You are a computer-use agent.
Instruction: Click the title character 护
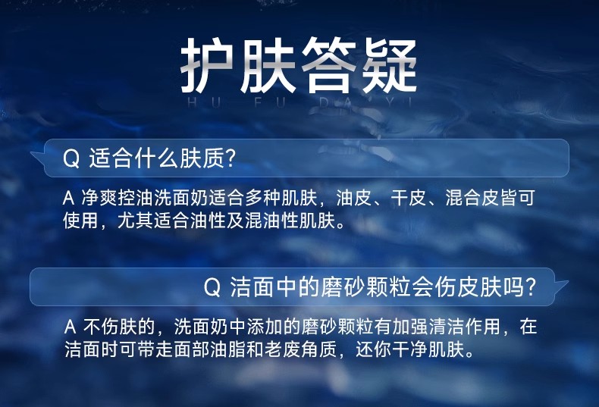point(207,65)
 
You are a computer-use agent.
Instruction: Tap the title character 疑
point(389,65)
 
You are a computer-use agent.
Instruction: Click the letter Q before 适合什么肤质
point(71,158)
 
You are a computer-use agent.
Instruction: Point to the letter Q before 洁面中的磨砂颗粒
point(212,287)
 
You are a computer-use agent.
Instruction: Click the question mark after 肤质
point(230,158)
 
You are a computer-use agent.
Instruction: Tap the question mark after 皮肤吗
point(529,287)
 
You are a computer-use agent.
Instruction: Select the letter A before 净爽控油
point(68,198)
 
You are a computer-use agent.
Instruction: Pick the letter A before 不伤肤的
point(70,327)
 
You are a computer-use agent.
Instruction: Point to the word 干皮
point(408,198)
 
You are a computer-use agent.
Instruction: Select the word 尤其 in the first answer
point(135,221)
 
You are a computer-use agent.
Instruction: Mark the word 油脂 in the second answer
point(227,349)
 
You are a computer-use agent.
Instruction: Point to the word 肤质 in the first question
point(202,158)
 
